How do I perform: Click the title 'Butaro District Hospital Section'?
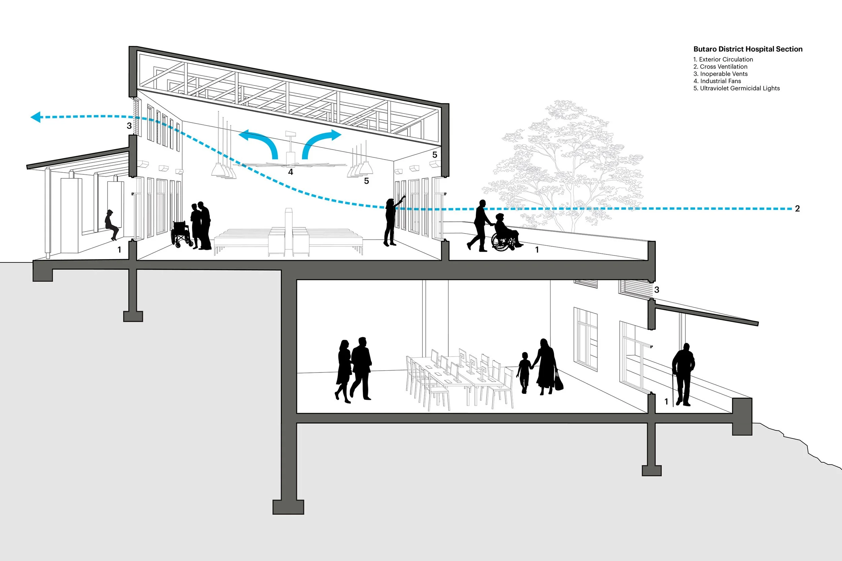click(x=747, y=49)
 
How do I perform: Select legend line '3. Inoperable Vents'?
click(x=720, y=74)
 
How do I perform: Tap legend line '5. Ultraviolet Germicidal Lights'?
click(x=736, y=88)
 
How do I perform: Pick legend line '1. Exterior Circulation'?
click(x=723, y=59)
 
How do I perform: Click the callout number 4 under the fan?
click(x=290, y=172)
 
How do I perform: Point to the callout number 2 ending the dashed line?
click(x=797, y=209)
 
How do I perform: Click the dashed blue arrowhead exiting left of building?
click(x=36, y=117)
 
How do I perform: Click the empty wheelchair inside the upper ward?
click(x=181, y=234)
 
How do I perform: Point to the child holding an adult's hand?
click(x=524, y=372)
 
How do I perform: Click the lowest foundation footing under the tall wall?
click(x=288, y=506)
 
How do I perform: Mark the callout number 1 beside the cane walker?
click(x=666, y=402)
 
